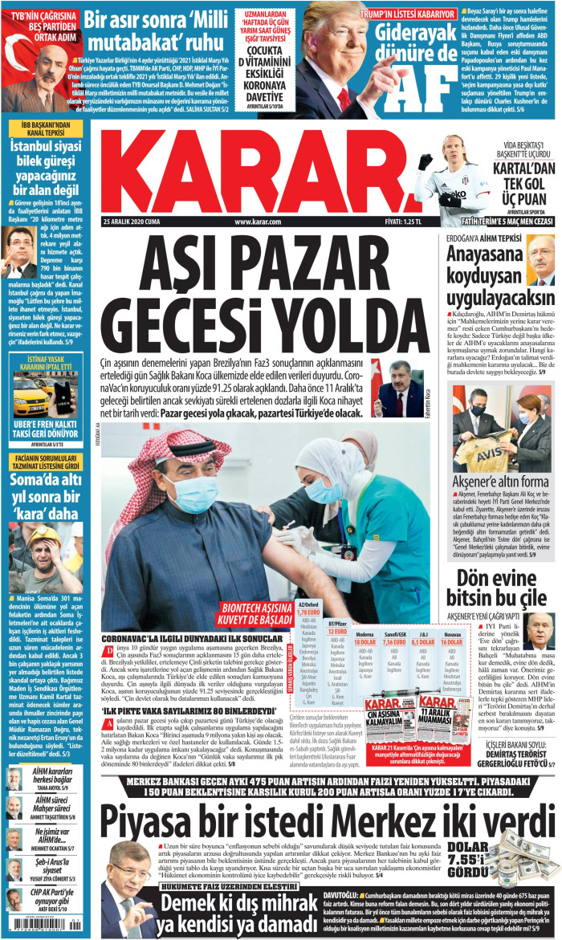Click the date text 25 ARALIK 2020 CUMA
(132, 221)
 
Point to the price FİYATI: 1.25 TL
(403, 221)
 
